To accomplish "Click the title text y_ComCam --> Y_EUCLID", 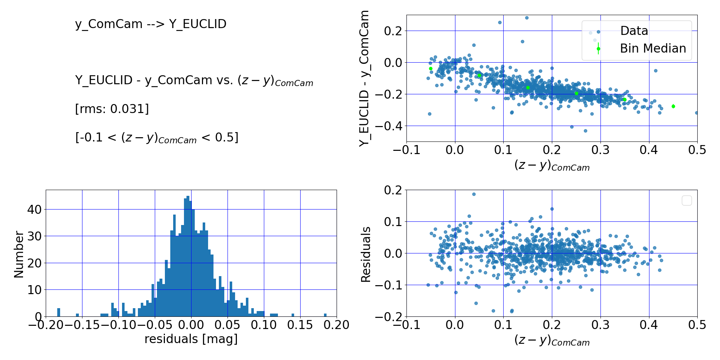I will pyautogui.click(x=150, y=24).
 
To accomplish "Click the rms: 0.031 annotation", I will pyautogui.click(x=112, y=109).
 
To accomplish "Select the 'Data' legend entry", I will pyautogui.click(x=634, y=31).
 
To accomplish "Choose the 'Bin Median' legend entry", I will pyautogui.click(x=653, y=49).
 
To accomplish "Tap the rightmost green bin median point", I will pyautogui.click(x=673, y=106).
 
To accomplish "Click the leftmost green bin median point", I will pyautogui.click(x=431, y=68).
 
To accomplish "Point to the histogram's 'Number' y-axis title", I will pyautogui.click(x=19, y=254).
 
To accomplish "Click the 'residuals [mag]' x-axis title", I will pyautogui.click(x=191, y=339).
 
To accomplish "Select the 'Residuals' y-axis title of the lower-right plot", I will pyautogui.click(x=366, y=254).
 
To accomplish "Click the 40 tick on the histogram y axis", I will pyautogui.click(x=35, y=209).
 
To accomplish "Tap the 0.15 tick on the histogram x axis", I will pyautogui.click(x=300, y=325).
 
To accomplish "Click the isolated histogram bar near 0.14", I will pyautogui.click(x=293, y=315).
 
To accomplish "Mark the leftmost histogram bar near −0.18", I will pyautogui.click(x=59, y=312).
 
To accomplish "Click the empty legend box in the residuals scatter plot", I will pyautogui.click(x=687, y=201).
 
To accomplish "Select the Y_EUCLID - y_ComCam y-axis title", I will pyautogui.click(x=364, y=78).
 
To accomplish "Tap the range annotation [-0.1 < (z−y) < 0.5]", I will pyautogui.click(x=157, y=138).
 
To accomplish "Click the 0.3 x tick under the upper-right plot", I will pyautogui.click(x=600, y=150).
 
